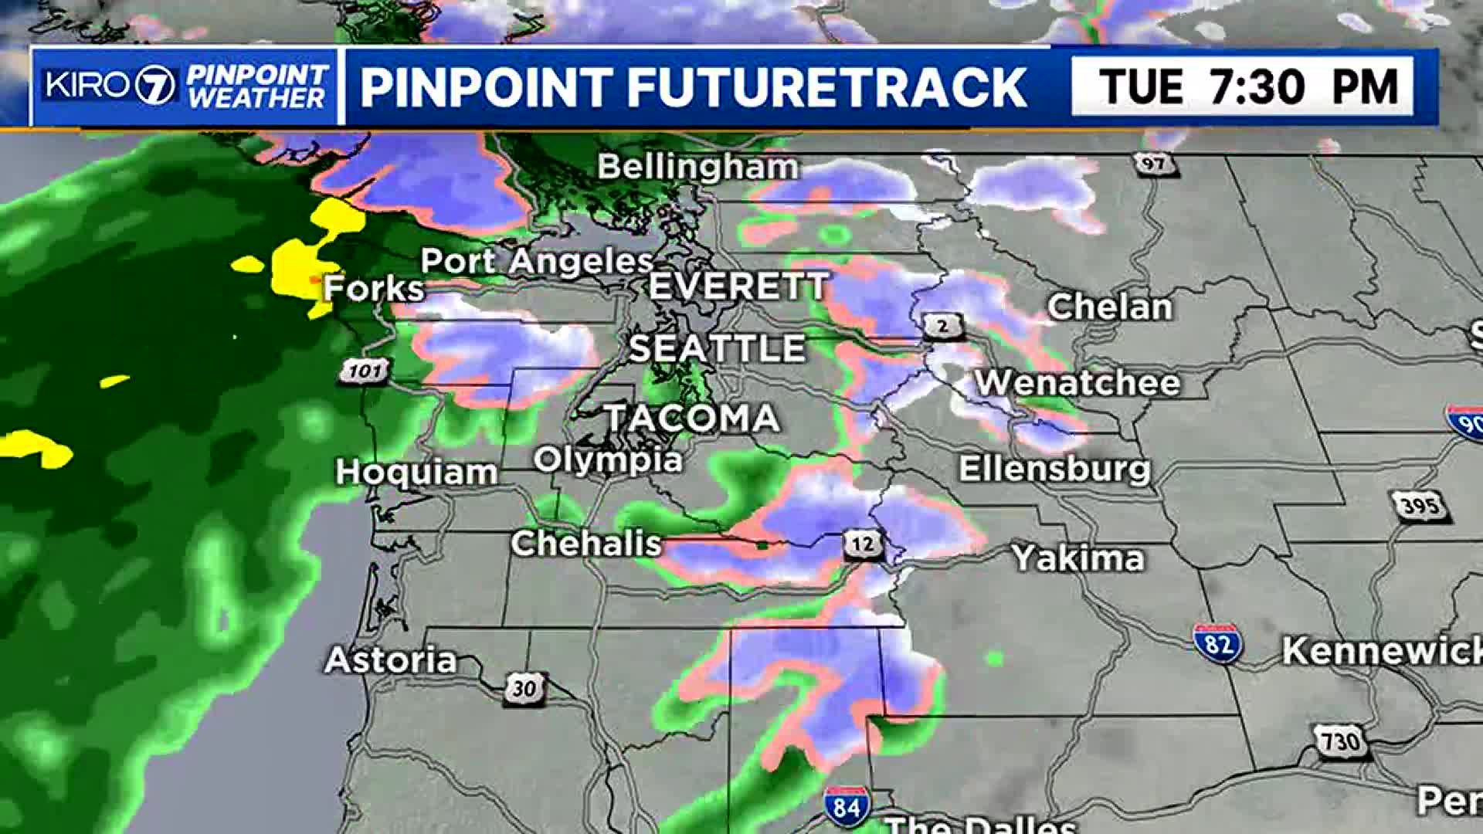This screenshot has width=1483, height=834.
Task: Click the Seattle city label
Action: [x=718, y=348]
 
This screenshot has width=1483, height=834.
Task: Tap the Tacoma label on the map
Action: [x=692, y=418]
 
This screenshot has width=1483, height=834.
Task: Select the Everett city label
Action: [x=738, y=286]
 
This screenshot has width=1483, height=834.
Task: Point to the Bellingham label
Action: [x=697, y=167]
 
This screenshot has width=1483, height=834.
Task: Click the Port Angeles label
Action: [x=537, y=261]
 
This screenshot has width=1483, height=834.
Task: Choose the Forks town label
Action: [x=374, y=289]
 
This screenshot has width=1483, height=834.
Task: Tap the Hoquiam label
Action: [x=416, y=472]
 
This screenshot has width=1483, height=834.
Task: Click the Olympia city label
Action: [x=608, y=460]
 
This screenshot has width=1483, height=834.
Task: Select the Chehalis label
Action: [x=586, y=544]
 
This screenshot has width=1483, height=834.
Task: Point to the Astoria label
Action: [x=391, y=660]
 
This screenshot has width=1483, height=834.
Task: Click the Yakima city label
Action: [x=1078, y=558]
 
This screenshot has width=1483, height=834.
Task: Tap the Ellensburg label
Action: [x=1055, y=469]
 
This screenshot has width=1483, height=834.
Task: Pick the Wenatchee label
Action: [x=1078, y=383]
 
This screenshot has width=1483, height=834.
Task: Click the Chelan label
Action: [x=1110, y=307]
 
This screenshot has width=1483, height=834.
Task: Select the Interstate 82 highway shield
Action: [x=1217, y=643]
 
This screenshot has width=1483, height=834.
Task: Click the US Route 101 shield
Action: [x=365, y=371]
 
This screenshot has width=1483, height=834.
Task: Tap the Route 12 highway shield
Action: [x=863, y=544]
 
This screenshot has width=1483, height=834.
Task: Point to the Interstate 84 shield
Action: [x=847, y=807]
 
